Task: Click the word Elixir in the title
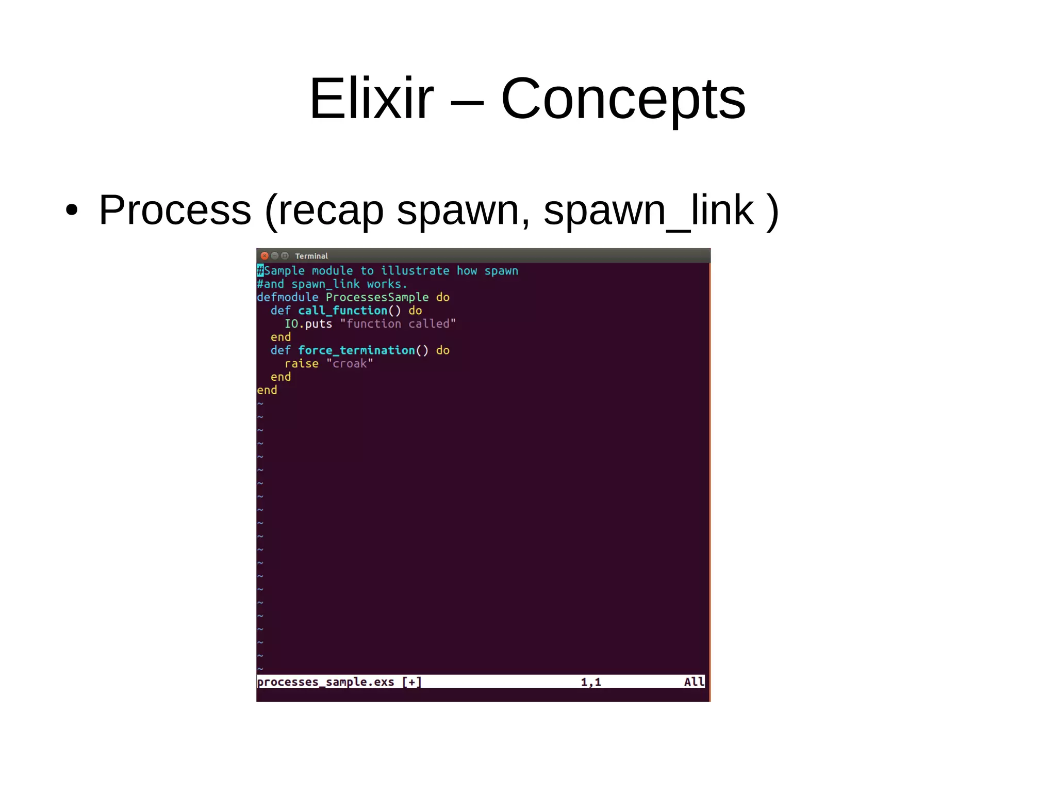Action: click(371, 99)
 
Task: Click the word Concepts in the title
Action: click(623, 99)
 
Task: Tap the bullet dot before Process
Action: click(72, 210)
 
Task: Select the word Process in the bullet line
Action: click(175, 210)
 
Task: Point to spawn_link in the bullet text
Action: click(649, 210)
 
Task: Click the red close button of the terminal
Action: click(265, 256)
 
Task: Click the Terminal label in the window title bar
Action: click(311, 256)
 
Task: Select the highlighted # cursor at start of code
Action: click(260, 270)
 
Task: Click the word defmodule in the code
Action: click(287, 297)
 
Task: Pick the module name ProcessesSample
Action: click(377, 297)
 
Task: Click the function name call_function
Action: click(342, 311)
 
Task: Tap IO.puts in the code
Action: click(308, 324)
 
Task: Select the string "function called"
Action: click(398, 324)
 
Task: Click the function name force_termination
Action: click(356, 350)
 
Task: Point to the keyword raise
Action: click(301, 364)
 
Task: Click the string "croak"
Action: click(349, 364)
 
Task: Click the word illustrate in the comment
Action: click(415, 271)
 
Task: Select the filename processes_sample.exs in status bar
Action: click(325, 682)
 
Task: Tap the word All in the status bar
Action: click(694, 682)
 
